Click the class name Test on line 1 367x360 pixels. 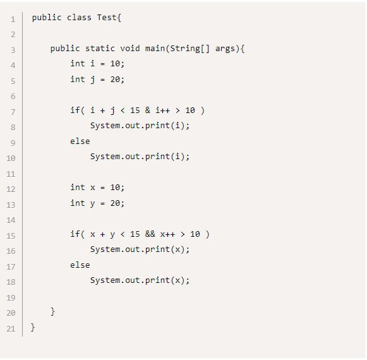[107, 17]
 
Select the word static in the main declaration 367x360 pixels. [100, 49]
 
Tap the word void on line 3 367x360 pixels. [130, 49]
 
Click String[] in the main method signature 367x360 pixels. [190, 49]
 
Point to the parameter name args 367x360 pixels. [225, 49]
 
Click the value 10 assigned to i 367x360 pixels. [115, 63]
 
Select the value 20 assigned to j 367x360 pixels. [115, 80]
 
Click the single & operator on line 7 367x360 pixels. [147, 110]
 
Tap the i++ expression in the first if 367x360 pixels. [163, 110]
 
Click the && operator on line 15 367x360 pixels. [150, 234]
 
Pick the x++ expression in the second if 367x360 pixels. [167, 234]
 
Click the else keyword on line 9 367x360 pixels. [80, 141]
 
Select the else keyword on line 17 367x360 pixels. [80, 265]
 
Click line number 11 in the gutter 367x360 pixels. [11, 174]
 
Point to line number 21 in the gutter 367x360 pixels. [11, 328]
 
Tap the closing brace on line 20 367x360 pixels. [52, 311]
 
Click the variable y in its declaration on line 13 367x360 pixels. [92, 203]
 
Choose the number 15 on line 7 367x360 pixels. [135, 110]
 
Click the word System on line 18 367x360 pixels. [105, 280]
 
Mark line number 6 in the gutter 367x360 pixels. [13, 97]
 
